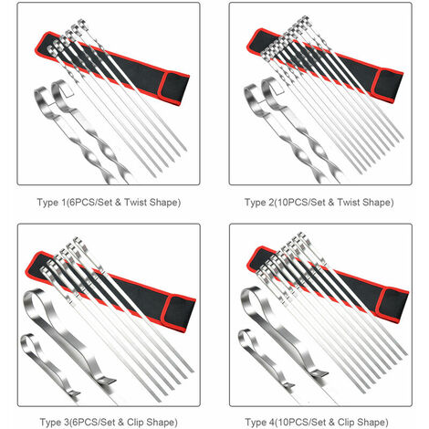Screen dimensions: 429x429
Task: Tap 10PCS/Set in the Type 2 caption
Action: [301, 203]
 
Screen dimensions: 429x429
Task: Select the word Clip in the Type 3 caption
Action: [135, 423]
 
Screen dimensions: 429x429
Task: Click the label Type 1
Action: [51, 203]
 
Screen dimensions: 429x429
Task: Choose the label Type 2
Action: [259, 203]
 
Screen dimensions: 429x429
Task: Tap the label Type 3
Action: [54, 423]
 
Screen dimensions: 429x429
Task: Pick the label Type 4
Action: [260, 423]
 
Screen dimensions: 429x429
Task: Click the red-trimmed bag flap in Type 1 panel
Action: [174, 88]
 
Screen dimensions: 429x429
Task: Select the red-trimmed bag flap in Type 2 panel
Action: [389, 86]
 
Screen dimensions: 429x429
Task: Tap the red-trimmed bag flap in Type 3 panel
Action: [180, 314]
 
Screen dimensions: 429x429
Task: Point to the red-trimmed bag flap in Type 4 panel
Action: [393, 305]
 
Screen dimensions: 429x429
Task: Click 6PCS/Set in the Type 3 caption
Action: [92, 423]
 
